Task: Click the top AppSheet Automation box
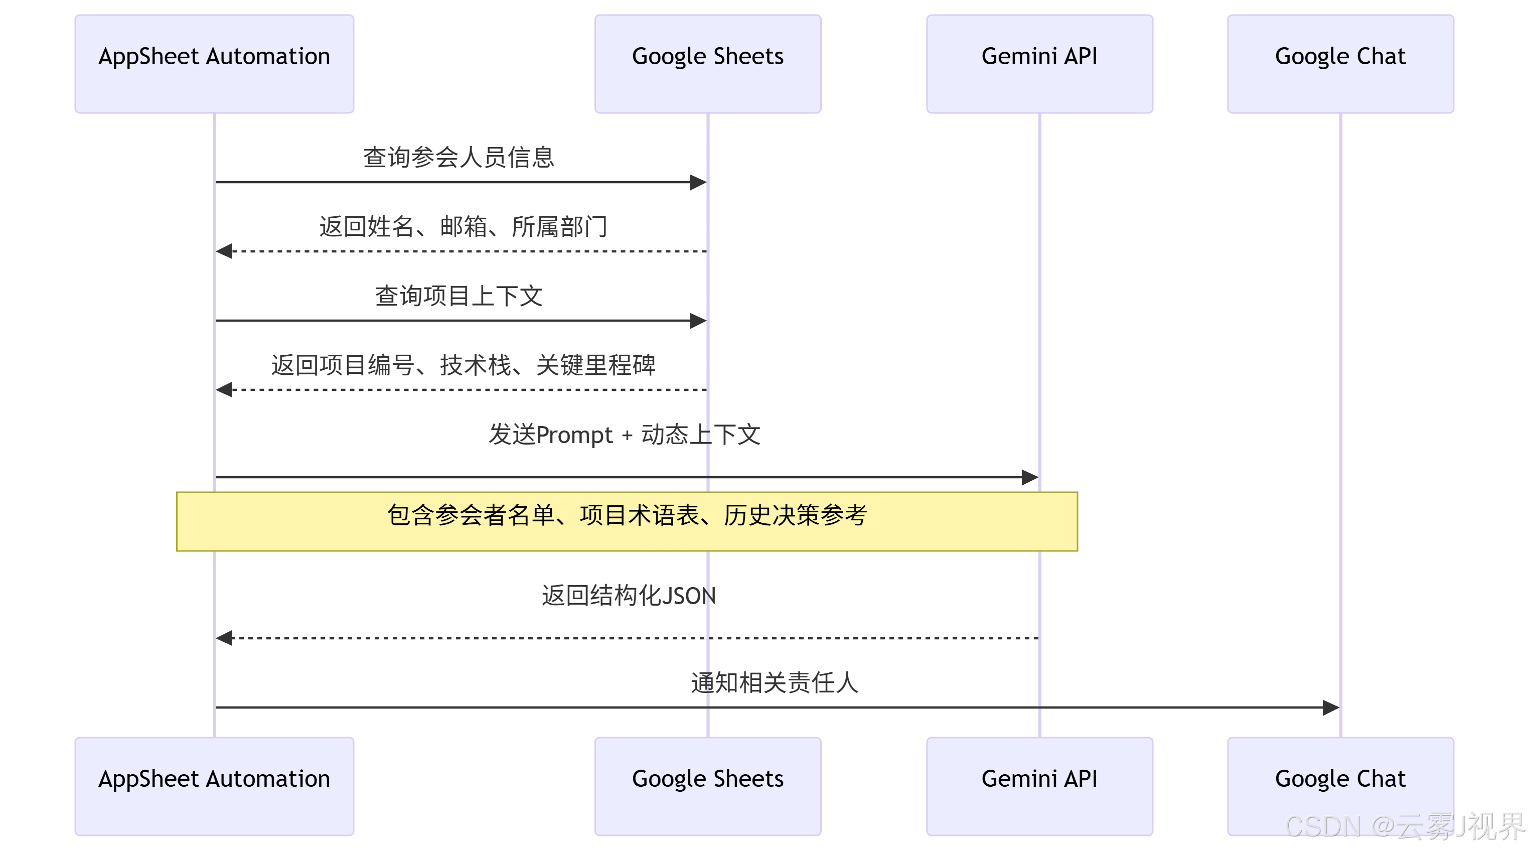[x=214, y=64]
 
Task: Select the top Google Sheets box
[x=707, y=64]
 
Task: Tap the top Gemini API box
[x=1039, y=64]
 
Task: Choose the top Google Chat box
[x=1340, y=64]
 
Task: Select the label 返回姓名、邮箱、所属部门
[x=463, y=227]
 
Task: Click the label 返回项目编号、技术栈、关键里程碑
[x=463, y=365]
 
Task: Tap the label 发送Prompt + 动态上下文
[x=625, y=435]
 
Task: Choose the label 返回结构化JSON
[x=628, y=596]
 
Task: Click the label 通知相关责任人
[x=774, y=683]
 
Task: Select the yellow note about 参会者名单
[x=627, y=521]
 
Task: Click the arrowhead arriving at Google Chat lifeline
[x=1331, y=707]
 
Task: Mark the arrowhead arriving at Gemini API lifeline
[x=1030, y=477]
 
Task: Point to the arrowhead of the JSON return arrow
[x=224, y=638]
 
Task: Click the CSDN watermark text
[x=1404, y=826]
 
